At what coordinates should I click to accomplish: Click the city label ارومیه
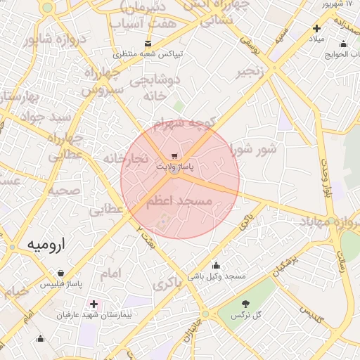coord(47,245)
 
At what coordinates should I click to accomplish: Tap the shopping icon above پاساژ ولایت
coord(174,156)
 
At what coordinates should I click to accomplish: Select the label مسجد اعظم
coord(179,201)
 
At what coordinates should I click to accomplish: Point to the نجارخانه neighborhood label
coord(126,158)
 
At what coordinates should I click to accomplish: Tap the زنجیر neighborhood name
coord(250,72)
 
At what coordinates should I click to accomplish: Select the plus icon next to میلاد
coord(316,29)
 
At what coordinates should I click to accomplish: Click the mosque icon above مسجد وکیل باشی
coord(216,265)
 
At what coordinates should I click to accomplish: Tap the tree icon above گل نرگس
coord(246,304)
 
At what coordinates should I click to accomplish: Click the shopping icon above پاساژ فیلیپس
coord(61,273)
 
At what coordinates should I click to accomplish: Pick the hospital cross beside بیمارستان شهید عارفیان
coord(94,304)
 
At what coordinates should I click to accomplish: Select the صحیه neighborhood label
coord(63,191)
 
